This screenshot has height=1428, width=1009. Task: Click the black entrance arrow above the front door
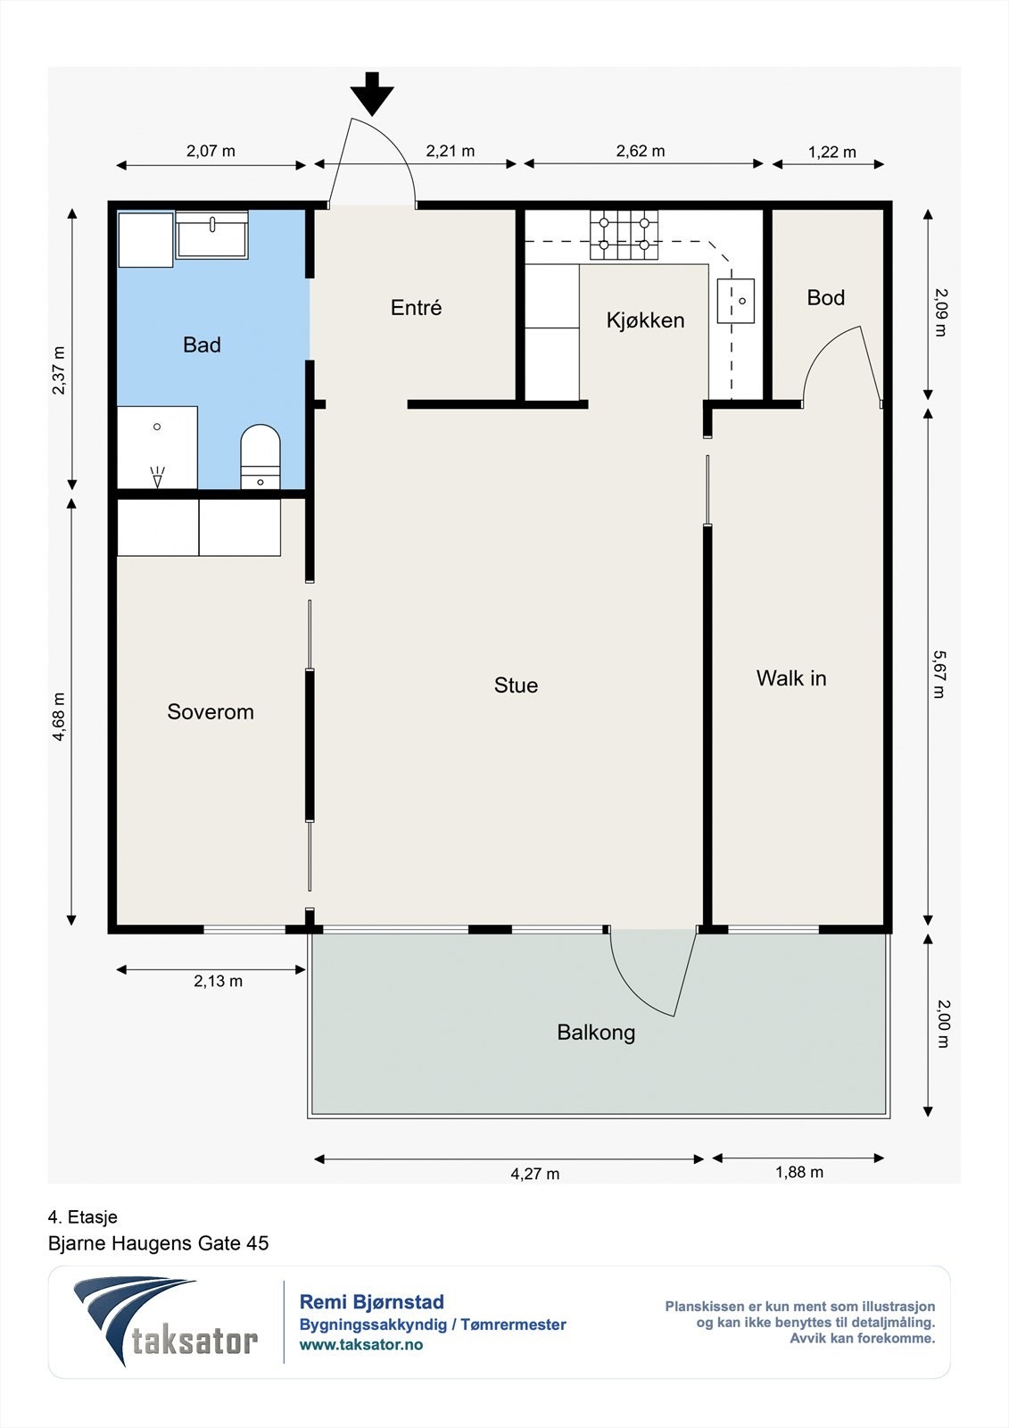coord(372,94)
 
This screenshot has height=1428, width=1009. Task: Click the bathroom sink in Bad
coord(211,236)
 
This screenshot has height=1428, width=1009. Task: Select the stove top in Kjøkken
coord(624,235)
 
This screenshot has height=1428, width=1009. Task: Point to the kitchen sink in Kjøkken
coord(735,300)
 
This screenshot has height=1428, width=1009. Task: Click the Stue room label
coord(516,685)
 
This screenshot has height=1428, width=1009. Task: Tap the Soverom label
coord(211,711)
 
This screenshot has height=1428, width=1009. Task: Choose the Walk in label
coord(791,677)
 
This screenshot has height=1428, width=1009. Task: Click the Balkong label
coord(596,1033)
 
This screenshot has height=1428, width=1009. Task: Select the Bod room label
coord(825,297)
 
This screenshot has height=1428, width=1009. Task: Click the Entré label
coord(417,307)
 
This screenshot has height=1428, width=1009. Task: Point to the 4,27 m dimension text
coord(534,1174)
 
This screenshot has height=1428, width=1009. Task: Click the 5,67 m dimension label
coord(939,674)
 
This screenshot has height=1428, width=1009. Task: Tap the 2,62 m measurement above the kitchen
coord(640,151)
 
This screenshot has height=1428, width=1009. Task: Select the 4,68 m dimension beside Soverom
coord(59,717)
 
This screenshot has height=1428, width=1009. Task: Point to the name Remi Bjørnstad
coord(372,1302)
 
